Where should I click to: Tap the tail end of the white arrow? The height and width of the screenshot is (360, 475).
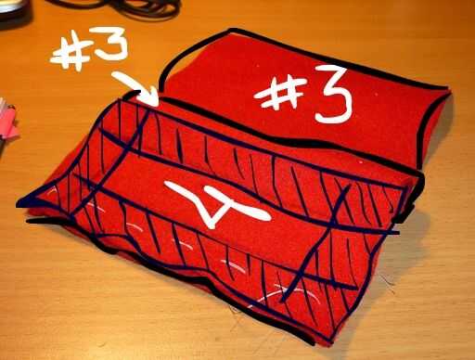point(114,75)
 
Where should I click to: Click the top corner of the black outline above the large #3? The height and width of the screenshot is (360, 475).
point(231,30)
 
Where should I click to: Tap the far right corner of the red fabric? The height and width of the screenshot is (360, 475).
point(448,89)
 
